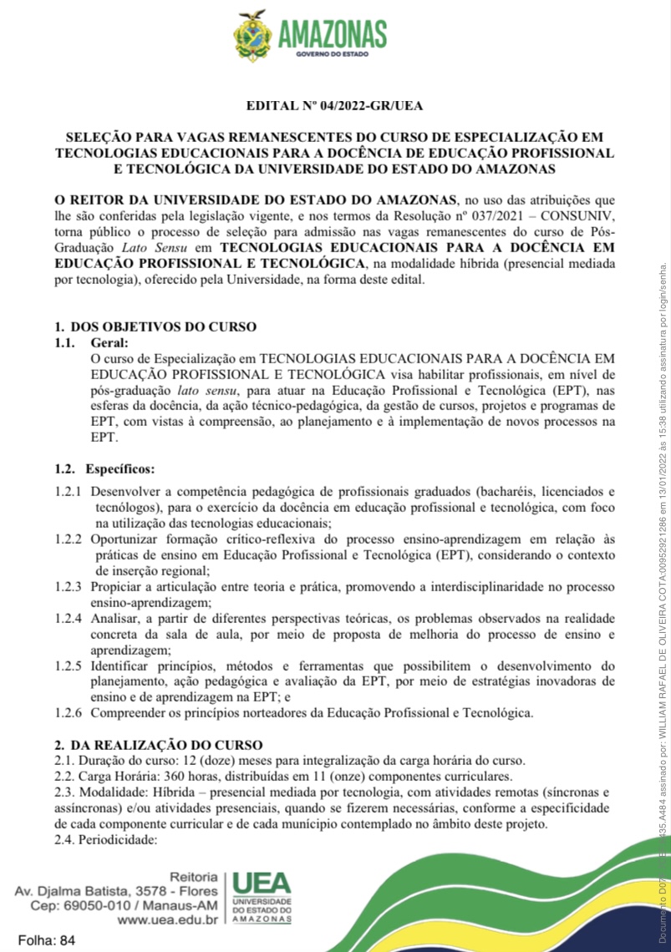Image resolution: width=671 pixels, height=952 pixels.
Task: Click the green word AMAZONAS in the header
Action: (333, 34)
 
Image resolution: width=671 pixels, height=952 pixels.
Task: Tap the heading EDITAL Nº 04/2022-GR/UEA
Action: (334, 106)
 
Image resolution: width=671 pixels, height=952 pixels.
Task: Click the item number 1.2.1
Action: (69, 492)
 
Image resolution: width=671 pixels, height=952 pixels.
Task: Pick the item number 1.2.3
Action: (69, 587)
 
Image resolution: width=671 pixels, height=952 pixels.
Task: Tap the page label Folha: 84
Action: (46, 939)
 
